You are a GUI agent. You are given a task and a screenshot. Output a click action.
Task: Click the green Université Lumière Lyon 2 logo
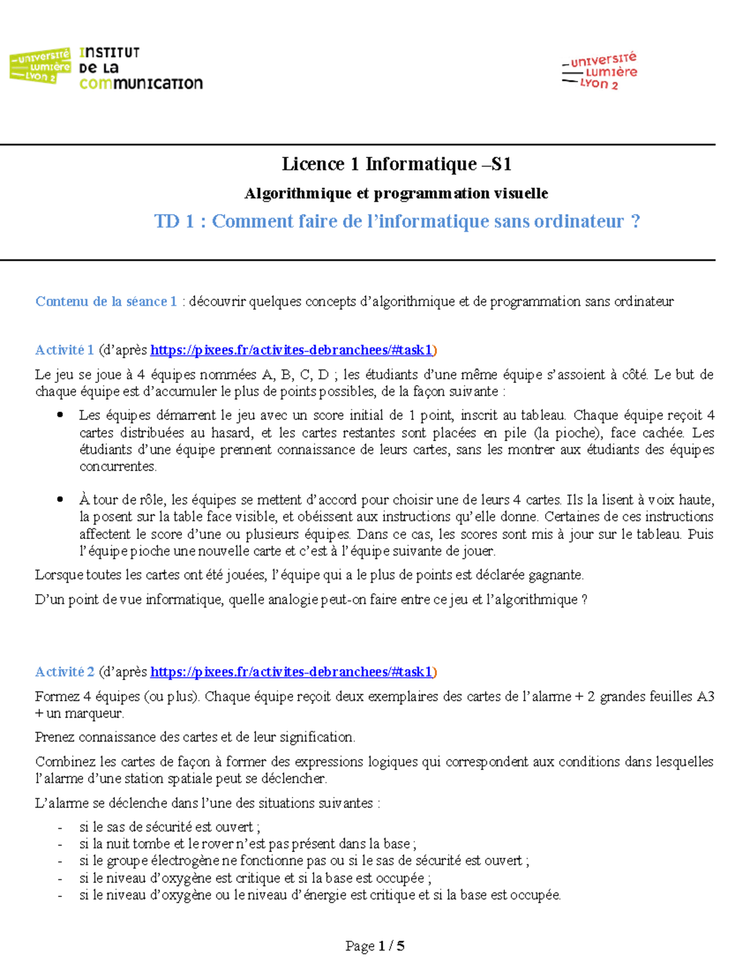40,66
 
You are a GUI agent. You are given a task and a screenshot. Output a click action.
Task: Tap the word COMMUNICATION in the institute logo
141,84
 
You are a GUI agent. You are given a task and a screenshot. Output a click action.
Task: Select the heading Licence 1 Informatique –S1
397,164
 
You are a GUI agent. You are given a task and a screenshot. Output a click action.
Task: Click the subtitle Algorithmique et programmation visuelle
396,194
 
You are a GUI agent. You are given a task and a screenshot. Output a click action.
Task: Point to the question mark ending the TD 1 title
636,221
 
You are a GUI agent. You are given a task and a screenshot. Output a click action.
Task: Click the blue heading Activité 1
64,350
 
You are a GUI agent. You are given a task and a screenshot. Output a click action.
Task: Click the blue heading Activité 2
64,672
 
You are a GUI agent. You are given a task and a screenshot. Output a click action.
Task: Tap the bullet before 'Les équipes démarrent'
60,415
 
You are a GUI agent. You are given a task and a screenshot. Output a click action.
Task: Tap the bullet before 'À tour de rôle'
60,499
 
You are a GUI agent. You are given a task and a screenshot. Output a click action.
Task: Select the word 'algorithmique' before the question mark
536,600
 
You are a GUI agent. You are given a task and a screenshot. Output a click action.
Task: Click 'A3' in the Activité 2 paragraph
705,696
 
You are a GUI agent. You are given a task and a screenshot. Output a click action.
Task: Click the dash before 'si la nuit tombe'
60,844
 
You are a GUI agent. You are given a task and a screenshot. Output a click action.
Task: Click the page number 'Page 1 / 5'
375,946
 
